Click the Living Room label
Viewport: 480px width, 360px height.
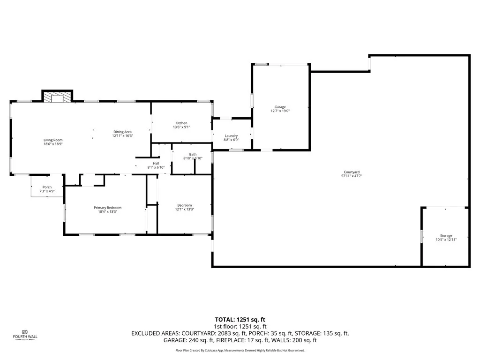pyautogui.click(x=53, y=140)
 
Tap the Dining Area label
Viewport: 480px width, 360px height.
pyautogui.click(x=122, y=132)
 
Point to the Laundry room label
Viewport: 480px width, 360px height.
pyautogui.click(x=231, y=136)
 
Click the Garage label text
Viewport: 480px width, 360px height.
pyautogui.click(x=280, y=107)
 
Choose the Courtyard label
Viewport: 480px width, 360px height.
pyautogui.click(x=352, y=172)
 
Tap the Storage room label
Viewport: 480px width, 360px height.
pyautogui.click(x=446, y=236)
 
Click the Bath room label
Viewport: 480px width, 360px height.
pyautogui.click(x=193, y=155)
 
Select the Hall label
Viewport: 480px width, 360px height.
pyautogui.click(x=156, y=163)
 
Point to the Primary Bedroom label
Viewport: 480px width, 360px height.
pyautogui.click(x=107, y=208)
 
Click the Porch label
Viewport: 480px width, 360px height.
pyautogui.click(x=47, y=187)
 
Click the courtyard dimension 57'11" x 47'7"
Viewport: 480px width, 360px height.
pyautogui.click(x=352, y=176)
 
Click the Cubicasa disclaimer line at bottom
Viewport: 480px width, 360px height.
pyautogui.click(x=240, y=350)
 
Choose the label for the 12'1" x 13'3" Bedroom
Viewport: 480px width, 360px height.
pyautogui.click(x=184, y=205)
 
